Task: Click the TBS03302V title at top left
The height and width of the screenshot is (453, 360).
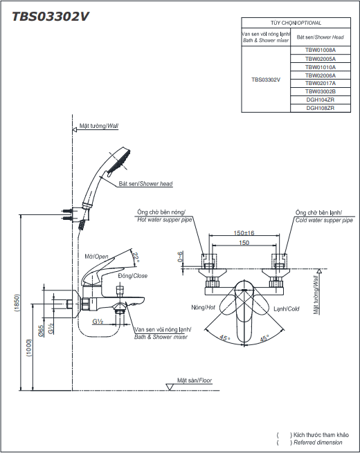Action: (51, 17)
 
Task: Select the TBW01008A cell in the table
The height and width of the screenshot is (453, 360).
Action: (321, 50)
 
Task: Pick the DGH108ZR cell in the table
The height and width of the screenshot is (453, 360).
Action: (321, 108)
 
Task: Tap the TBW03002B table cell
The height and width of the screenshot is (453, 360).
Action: (321, 91)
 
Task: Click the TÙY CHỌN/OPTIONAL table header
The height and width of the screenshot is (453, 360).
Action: (296, 23)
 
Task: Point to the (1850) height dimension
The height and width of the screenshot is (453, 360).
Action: (17, 303)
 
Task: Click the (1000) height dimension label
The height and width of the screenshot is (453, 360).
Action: (29, 348)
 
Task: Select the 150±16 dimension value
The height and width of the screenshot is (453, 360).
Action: (244, 233)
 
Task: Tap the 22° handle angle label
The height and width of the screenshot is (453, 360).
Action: (135, 257)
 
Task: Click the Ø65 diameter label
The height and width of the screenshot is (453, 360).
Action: (41, 331)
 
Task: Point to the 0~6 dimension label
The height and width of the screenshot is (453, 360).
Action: (180, 257)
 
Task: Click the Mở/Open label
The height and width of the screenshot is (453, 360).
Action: (97, 257)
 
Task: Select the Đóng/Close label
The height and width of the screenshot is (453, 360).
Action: (133, 276)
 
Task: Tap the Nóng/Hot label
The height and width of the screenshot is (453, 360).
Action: (203, 307)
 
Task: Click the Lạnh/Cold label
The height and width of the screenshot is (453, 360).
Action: (286, 309)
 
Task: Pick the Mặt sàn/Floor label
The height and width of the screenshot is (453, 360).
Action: (195, 380)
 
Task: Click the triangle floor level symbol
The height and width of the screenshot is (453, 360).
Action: (170, 387)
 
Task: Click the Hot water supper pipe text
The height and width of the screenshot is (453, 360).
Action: (165, 220)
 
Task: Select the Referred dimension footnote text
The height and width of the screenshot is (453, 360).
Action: (318, 443)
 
